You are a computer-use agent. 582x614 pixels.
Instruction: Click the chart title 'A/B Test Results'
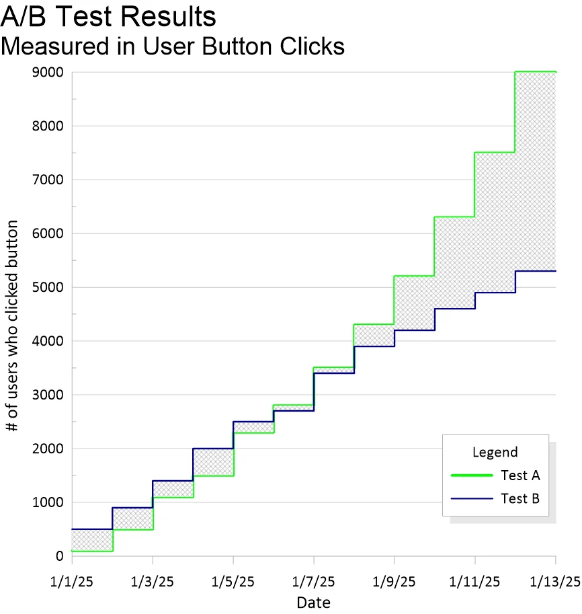point(108,16)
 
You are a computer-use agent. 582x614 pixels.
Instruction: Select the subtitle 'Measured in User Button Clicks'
point(173,46)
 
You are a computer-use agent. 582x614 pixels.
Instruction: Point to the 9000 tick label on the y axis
point(48,72)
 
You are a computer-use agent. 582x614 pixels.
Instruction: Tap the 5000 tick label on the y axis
point(48,287)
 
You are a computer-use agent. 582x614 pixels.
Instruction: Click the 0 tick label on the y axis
point(60,555)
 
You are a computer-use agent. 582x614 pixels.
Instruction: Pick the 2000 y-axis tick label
point(48,449)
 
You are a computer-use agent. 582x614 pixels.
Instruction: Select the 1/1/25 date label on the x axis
point(72,582)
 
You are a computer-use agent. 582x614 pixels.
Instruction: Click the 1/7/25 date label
point(313,582)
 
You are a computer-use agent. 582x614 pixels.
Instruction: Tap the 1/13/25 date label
point(555,582)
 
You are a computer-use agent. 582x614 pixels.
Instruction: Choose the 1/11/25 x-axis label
point(474,582)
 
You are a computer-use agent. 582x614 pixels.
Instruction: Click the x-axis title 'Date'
point(313,603)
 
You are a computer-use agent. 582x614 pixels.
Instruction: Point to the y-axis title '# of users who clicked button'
point(11,325)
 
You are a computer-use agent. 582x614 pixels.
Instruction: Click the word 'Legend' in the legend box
point(495,452)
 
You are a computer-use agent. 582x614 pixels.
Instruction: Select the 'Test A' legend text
point(521,475)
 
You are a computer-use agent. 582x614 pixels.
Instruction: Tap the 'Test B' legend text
point(521,498)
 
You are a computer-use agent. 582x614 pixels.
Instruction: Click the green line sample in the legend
point(472,475)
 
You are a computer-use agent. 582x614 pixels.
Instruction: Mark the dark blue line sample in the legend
point(472,498)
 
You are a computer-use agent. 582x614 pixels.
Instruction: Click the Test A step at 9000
point(536,72)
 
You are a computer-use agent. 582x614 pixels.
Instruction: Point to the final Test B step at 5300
point(536,271)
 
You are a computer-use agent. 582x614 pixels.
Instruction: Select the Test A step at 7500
point(495,153)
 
